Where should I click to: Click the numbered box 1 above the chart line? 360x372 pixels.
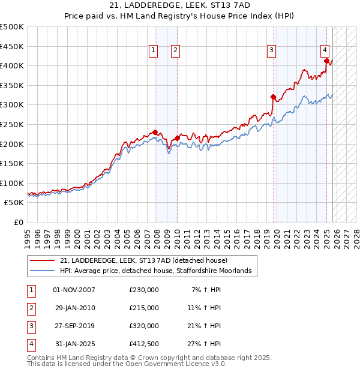point(154,50)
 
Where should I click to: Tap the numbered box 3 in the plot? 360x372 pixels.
point(271,50)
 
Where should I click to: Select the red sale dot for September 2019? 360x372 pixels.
point(273,97)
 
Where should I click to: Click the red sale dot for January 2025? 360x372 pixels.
point(326,61)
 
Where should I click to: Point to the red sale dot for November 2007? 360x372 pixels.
point(155,132)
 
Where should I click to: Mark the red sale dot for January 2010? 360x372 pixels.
point(177,138)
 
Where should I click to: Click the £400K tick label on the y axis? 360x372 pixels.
point(11,65)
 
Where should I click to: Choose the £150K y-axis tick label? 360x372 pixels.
point(11,163)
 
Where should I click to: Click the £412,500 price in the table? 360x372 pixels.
point(143,344)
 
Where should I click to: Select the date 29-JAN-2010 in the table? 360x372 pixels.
point(74,308)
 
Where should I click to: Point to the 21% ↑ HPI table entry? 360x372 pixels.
point(206,326)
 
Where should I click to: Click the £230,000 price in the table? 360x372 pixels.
point(143,290)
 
